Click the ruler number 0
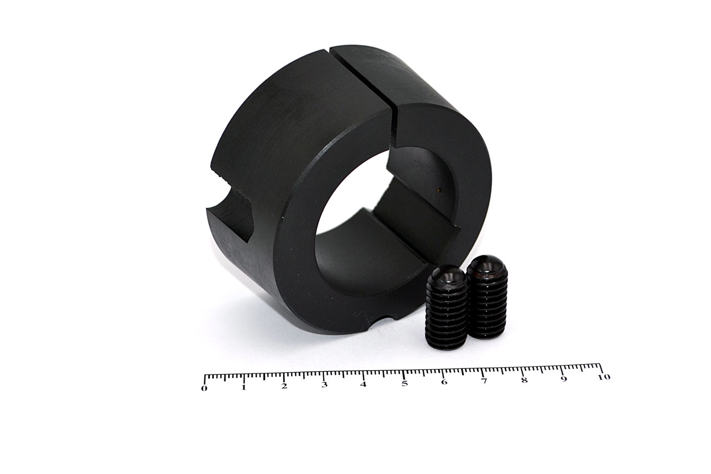point(204,388)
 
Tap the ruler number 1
point(243,388)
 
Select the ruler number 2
point(284,386)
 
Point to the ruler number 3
point(324,385)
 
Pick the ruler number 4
point(363,385)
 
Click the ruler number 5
point(404,383)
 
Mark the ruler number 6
point(444,382)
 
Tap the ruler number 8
point(524,380)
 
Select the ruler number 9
point(564,379)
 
